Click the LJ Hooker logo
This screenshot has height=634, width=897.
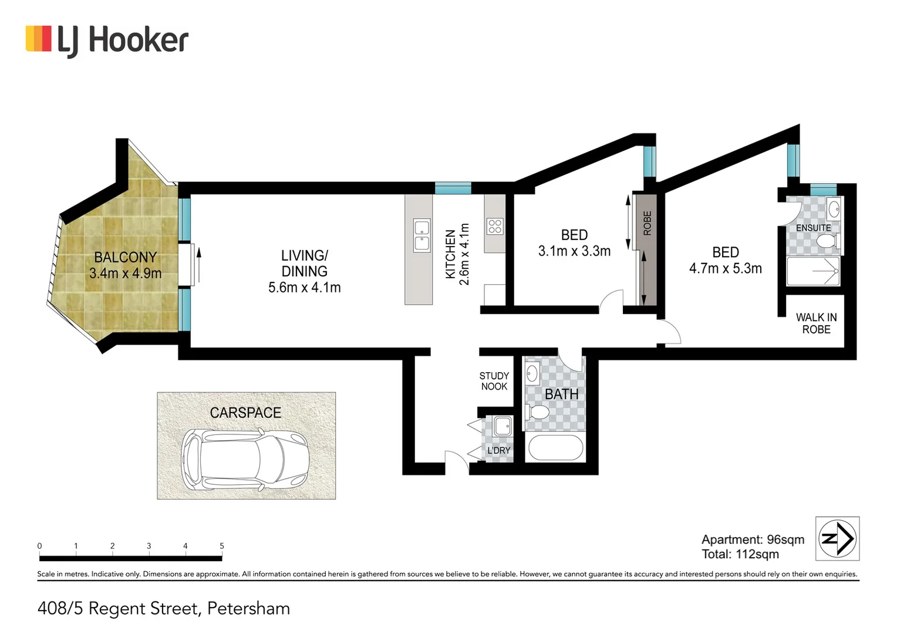pos(107,40)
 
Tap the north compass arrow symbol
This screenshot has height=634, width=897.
pos(837,538)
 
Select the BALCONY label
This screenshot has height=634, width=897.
pos(125,257)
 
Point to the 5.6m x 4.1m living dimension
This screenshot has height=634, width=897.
pos(304,288)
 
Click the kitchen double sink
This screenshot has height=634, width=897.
pos(421,235)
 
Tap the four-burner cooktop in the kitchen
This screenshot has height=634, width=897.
pos(494,226)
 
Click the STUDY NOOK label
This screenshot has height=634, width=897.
pos(494,381)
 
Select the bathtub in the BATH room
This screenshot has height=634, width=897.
pos(555,448)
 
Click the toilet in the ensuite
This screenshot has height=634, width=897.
pos(827,241)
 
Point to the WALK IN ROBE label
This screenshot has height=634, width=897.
pos(816,323)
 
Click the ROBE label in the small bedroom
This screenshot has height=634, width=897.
pos(647,223)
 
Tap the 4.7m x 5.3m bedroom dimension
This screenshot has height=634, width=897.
pos(725,269)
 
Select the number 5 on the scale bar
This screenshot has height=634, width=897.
pos(222,546)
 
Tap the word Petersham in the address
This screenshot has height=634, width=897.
pos(249,608)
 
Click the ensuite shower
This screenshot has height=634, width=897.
pos(813,271)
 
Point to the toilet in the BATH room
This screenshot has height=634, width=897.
pos(537,412)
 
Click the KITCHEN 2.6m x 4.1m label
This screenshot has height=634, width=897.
pos(457,254)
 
